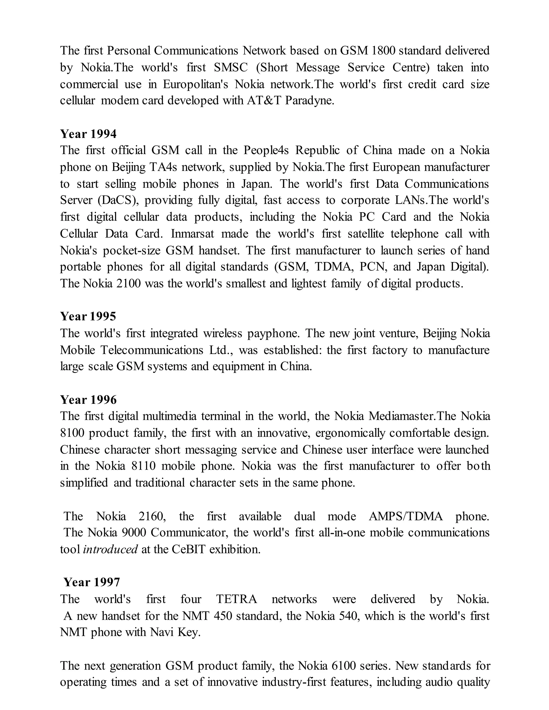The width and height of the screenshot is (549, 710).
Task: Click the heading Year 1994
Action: (x=88, y=134)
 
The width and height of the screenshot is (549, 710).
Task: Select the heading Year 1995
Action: (x=88, y=316)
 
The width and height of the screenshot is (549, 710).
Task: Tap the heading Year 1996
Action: (x=88, y=399)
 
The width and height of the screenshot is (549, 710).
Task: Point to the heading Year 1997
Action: (x=92, y=582)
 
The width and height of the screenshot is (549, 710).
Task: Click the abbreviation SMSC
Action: (x=231, y=67)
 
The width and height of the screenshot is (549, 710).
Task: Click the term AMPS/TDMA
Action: (x=406, y=516)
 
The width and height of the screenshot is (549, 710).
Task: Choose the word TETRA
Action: (x=237, y=599)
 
